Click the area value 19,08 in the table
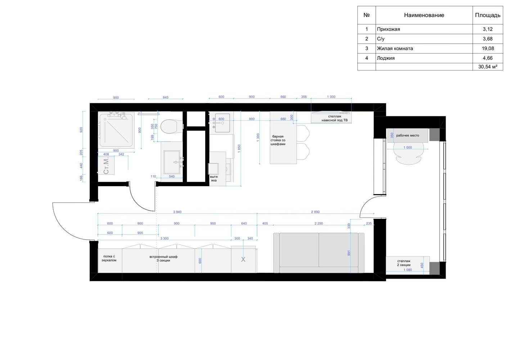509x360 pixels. click(x=488, y=48)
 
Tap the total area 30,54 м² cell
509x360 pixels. click(x=488, y=67)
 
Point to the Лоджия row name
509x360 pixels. click(x=386, y=58)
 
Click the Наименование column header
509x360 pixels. click(x=424, y=15)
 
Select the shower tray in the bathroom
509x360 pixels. click(x=116, y=130)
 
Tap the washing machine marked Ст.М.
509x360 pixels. click(x=106, y=165)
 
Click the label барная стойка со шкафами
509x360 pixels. click(x=278, y=140)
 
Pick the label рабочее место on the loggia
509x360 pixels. click(x=407, y=135)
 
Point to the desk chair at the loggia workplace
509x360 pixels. click(x=408, y=153)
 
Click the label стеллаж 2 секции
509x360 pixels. click(x=404, y=263)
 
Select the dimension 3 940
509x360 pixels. click(x=177, y=212)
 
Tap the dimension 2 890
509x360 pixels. click(x=315, y=212)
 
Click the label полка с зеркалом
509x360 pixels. click(x=109, y=258)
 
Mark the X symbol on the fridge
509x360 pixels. click(x=243, y=259)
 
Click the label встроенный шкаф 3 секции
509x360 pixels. click(x=163, y=258)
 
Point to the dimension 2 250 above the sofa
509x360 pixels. click(x=319, y=224)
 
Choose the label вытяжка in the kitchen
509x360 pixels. click(x=214, y=179)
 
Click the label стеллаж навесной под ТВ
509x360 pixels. click(x=334, y=118)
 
